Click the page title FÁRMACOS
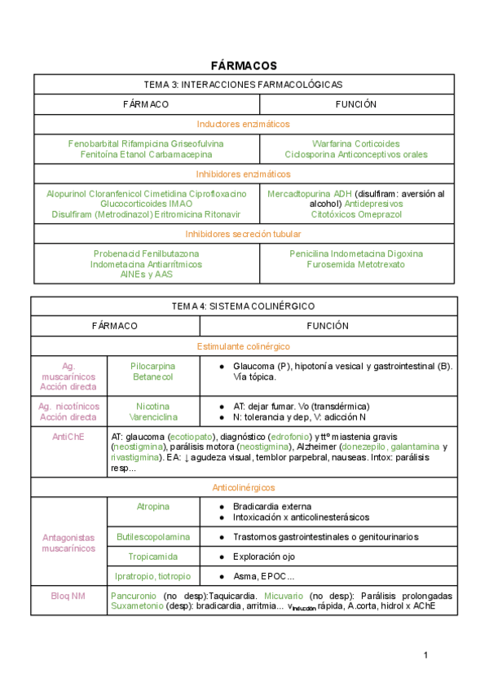pos(244,65)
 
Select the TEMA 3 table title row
pos(244,85)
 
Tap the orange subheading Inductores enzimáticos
pos(244,124)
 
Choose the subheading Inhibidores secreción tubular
pos(244,234)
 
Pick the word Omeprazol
pos(380,213)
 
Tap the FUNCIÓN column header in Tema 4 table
pos(328,326)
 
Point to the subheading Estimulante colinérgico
pos(244,345)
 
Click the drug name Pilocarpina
pos(153,367)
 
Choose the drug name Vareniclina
pos(153,416)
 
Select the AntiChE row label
pos(68,437)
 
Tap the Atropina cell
pos(153,506)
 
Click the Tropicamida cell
pos(153,557)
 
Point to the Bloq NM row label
pos(68,596)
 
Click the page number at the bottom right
pos(425,656)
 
